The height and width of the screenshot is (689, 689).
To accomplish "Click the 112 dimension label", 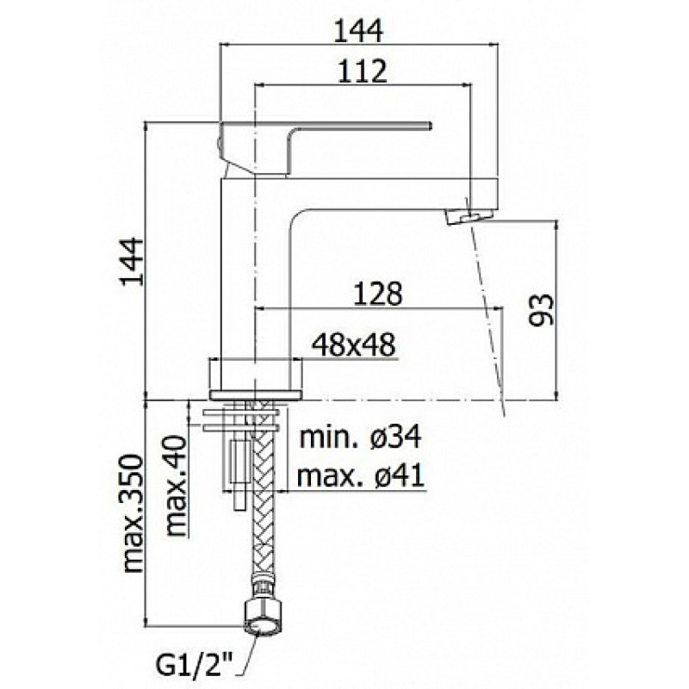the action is (363, 71).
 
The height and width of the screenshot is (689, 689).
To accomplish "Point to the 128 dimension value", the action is (377, 294).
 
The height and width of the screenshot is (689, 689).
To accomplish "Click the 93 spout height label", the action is (541, 310).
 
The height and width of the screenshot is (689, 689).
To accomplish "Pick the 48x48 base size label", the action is (354, 345).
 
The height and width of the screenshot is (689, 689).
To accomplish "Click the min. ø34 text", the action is (360, 437).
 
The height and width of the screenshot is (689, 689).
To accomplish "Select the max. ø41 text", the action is (361, 475).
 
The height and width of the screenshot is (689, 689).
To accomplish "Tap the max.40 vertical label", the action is (177, 485).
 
